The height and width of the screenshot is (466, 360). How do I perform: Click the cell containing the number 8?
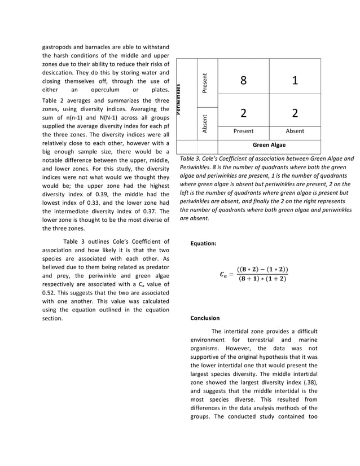243,81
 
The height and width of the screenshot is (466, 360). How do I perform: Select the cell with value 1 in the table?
295,81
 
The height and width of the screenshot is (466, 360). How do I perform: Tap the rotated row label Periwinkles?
178,99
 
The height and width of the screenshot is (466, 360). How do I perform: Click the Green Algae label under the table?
269,145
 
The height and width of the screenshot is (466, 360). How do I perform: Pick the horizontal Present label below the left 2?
243,131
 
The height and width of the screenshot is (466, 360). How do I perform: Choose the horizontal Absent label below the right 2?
295,131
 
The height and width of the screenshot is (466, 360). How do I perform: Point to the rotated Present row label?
205,83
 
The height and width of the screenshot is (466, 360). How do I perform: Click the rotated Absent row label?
205,124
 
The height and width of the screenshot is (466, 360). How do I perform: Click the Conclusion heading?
205,318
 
